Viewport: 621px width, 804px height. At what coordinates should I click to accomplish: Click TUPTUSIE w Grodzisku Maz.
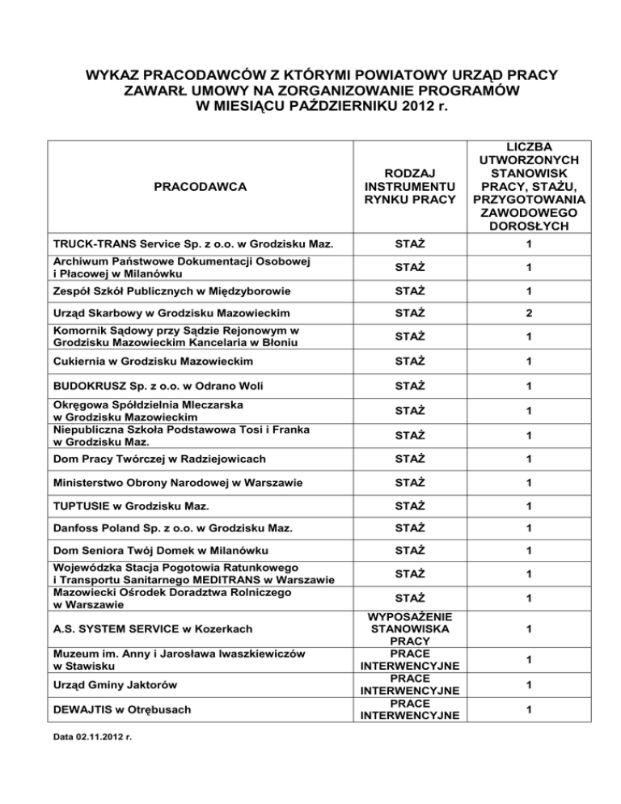coord(128,507)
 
